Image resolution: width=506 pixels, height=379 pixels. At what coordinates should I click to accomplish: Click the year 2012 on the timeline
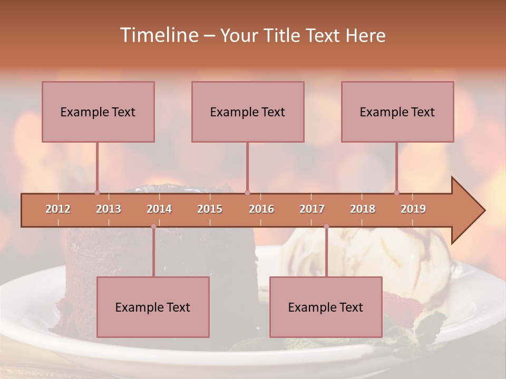58,209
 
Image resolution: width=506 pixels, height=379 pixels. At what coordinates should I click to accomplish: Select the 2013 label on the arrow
109,209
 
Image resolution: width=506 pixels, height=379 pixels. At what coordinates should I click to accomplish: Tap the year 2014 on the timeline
159,209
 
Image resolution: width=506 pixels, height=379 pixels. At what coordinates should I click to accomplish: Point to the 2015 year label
210,209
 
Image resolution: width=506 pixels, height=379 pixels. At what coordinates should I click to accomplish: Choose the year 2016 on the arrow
261,209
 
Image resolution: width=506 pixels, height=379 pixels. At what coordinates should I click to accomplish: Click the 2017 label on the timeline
312,209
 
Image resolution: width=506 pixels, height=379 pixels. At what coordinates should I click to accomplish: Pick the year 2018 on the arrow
363,209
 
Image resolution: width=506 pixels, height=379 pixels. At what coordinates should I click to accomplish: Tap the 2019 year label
413,209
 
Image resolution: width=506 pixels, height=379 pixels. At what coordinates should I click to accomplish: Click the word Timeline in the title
158,35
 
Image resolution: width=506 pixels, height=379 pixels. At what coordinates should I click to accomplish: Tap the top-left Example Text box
98,112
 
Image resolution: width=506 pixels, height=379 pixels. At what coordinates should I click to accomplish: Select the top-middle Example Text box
248,112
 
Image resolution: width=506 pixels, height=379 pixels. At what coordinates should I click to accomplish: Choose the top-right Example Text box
397,112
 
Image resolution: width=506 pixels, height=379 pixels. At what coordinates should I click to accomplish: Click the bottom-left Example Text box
153,307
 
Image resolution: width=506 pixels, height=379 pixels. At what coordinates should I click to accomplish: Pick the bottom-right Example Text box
326,307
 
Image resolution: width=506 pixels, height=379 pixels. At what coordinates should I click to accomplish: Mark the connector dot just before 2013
97,193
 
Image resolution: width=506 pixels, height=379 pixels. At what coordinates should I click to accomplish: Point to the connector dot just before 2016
247,193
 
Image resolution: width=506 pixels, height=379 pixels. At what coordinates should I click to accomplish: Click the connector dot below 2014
153,226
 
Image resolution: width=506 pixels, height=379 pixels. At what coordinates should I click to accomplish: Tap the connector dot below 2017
326,226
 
